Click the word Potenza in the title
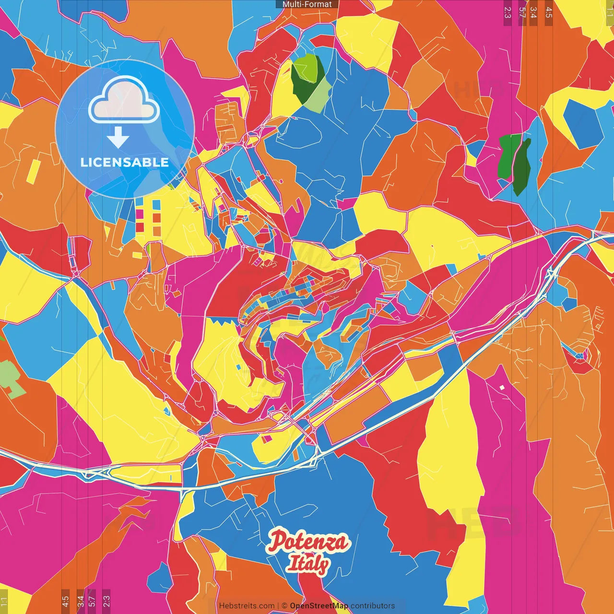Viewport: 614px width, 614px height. click(308, 542)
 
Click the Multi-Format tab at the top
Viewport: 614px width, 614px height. click(307, 4)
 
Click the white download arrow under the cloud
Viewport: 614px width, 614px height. click(118, 138)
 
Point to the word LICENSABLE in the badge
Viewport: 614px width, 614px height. click(125, 162)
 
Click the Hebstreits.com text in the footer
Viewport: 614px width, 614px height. click(247, 606)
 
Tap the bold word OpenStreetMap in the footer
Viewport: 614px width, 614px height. click(319, 606)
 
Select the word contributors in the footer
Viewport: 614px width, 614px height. click(373, 606)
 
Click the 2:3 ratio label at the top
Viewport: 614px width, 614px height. click(508, 12)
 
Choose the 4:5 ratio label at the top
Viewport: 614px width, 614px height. click(549, 12)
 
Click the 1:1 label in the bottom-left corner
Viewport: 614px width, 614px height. click(4, 601)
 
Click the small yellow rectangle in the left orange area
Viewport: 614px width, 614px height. click(34, 171)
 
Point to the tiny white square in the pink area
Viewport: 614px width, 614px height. click(502, 387)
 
